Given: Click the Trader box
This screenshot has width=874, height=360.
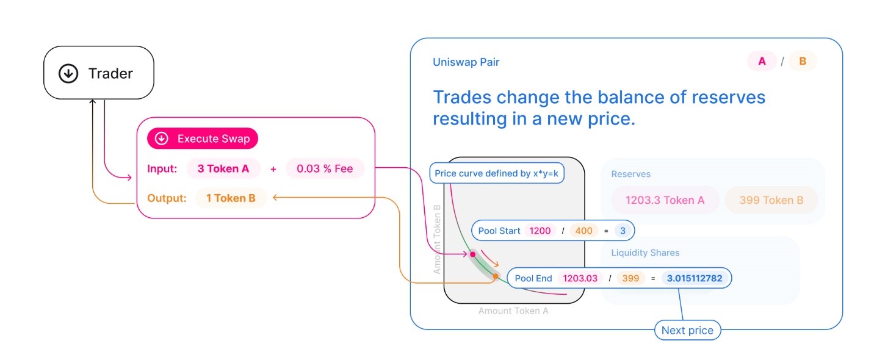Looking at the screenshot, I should click(98, 73).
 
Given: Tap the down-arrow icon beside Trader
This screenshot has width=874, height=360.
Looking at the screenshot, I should click(68, 74).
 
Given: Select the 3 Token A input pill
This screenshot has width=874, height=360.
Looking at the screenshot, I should click(223, 169).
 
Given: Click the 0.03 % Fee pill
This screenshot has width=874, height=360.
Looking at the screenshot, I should click(325, 169).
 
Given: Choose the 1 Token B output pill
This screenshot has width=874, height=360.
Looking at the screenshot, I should click(231, 198).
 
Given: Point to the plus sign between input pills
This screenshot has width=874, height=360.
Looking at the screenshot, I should click(273, 169).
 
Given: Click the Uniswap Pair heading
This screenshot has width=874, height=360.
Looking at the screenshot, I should click(466, 62).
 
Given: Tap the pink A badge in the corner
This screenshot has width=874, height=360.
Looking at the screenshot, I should click(762, 61).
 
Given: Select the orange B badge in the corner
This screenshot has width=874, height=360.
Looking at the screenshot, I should click(803, 61).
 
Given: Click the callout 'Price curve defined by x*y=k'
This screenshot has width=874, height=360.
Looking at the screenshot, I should click(497, 173).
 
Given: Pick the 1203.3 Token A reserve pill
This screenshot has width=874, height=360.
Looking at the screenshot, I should click(666, 200).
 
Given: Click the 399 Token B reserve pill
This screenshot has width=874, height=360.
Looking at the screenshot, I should click(771, 200).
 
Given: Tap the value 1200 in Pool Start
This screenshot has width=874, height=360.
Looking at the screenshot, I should click(540, 231).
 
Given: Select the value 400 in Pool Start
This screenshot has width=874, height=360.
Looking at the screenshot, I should click(583, 231).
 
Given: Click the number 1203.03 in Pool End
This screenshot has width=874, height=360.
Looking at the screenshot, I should click(580, 278).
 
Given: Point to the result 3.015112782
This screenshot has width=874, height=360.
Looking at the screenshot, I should click(695, 278).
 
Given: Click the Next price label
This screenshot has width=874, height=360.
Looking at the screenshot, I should click(687, 331).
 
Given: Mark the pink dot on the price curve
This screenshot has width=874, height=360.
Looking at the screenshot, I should click(472, 254).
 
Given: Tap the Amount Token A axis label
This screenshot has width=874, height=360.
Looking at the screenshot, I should click(513, 311).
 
